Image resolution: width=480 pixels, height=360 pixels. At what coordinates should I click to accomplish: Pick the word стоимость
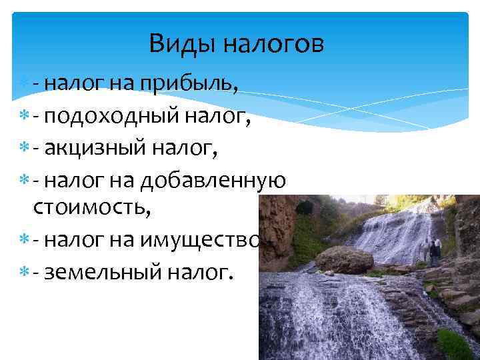coord(92,209)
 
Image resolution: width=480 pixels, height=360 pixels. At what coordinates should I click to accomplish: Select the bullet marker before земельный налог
coord(24,274)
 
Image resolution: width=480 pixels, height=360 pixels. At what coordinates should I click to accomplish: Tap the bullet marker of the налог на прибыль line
coord(24,83)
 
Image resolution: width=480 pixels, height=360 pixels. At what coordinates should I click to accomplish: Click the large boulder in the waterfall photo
coord(344,259)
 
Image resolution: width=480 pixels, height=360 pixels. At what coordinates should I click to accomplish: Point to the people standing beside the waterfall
coord(431,252)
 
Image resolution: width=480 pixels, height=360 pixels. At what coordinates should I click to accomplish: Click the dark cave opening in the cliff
coord(305,207)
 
